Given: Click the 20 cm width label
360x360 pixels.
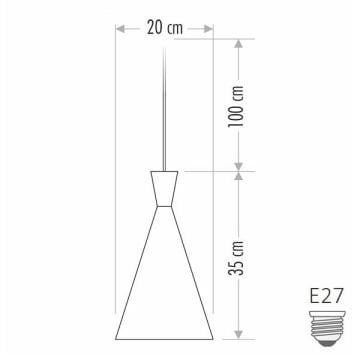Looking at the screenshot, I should coord(165,27).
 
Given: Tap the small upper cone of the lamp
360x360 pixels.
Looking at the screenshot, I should coord(165,188).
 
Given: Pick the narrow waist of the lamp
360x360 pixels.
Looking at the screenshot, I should coord(165,206).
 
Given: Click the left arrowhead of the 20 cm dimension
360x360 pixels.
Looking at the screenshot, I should coord(119,27).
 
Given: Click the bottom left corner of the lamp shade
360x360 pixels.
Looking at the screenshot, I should coord(118,337).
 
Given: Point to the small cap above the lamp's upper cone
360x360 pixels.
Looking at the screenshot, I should coord(165,167).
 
